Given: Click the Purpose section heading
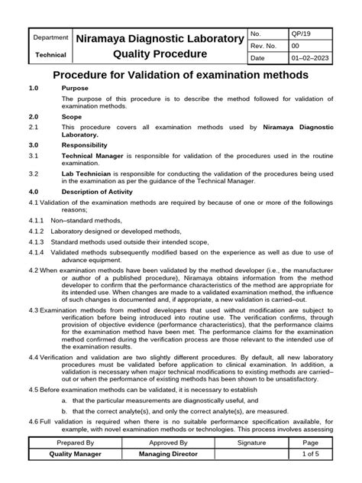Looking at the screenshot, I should click(x=75, y=89).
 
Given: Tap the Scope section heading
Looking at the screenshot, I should click(x=73, y=118).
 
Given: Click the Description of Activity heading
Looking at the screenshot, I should click(x=99, y=191).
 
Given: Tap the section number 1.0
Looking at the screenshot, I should click(x=34, y=89).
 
